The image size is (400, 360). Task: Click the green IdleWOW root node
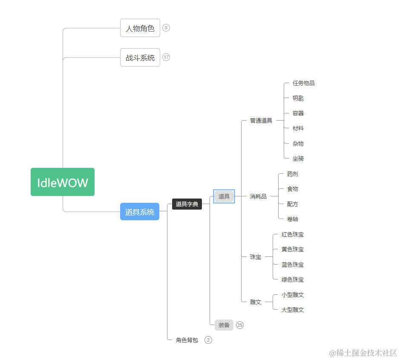pos(63,182)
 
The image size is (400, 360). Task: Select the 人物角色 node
pos(140,28)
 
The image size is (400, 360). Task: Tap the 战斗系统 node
pos(140,58)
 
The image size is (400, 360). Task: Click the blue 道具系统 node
pos(140,212)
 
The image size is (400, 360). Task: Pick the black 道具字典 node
pos(187,204)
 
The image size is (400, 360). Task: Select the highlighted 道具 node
pos(224,196)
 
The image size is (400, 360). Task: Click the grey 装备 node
pos(224,325)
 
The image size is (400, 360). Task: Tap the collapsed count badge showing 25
pos(240,325)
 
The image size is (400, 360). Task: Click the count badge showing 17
pos(166,57)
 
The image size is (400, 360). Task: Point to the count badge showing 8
pos(166,28)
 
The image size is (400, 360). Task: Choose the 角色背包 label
pos(187,340)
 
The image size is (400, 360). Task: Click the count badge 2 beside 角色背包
pos(208,340)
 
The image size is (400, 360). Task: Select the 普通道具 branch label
pos(261,121)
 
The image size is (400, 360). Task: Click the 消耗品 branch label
pos(258,196)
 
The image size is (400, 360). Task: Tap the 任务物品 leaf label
pos(304,83)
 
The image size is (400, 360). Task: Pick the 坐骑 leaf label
pos(298,158)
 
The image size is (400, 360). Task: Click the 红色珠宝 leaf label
pos(293,234)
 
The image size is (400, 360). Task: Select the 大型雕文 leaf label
pos(293,310)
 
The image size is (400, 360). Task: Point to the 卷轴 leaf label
pos(293,219)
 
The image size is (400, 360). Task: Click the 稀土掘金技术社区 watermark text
pos(363,353)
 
